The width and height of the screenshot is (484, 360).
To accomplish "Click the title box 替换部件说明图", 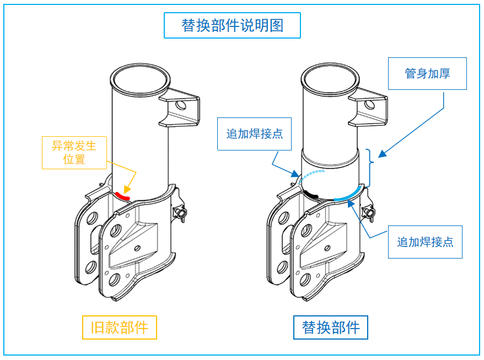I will click(x=232, y=25).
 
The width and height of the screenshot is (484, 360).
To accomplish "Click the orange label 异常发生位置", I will click(x=74, y=153).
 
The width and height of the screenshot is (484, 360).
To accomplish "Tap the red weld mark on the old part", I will click(x=122, y=195).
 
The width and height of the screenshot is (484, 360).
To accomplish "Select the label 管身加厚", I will click(x=427, y=73).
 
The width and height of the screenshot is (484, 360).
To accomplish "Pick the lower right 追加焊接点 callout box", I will click(x=425, y=241).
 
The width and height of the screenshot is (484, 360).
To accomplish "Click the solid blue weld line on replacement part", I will click(x=349, y=193).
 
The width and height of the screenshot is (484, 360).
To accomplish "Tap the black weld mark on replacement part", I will click(x=311, y=194).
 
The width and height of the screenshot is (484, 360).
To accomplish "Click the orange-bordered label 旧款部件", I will click(x=119, y=327).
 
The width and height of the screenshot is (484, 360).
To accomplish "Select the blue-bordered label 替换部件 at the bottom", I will click(x=331, y=327).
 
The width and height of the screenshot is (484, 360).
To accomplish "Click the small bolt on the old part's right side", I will click(x=179, y=213).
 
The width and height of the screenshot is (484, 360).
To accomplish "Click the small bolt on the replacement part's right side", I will click(x=369, y=212).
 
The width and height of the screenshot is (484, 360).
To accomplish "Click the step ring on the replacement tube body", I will click(x=331, y=160).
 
